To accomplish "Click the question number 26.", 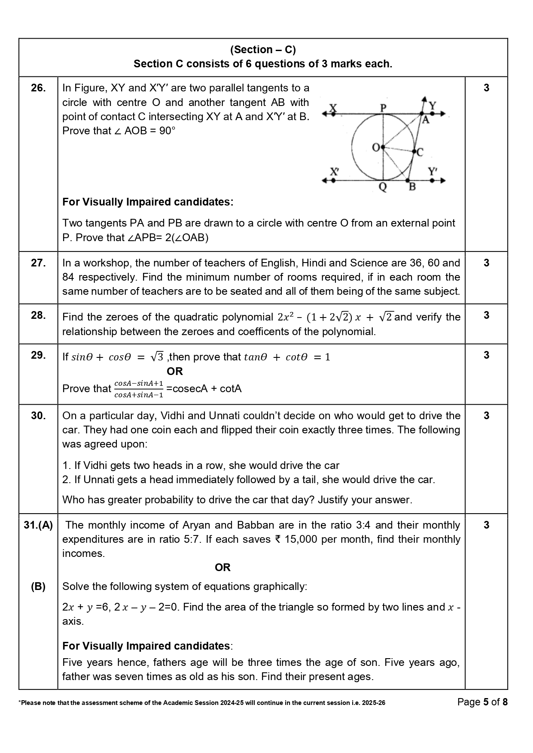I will [38, 88].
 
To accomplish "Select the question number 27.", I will [38, 263].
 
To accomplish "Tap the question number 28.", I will [38, 315].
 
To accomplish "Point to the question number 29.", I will [38, 355].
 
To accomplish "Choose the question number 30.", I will [38, 416].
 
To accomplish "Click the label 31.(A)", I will [38, 525].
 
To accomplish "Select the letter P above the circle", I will [383, 107].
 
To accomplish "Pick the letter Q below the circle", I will [382, 187].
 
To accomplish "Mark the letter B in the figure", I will [412, 187].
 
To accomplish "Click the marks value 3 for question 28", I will [486, 315].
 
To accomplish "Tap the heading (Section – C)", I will [263, 50].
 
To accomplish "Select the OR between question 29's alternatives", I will [175, 371].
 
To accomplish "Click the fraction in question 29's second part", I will [139, 389].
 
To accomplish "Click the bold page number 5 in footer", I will [486, 702].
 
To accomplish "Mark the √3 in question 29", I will [157, 357].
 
